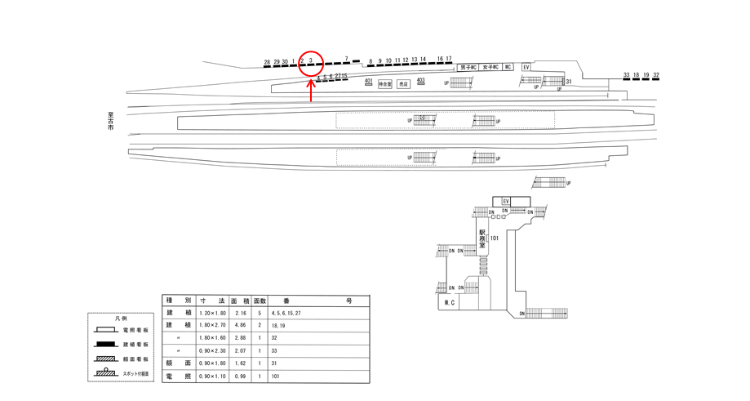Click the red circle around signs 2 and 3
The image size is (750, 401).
pyautogui.click(x=311, y=62)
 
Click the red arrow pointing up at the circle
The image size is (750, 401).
pyautogui.click(x=311, y=90)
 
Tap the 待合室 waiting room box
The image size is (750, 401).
pyautogui.click(x=384, y=83)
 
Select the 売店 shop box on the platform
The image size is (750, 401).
pyautogui.click(x=403, y=83)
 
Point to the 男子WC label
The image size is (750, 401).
pyautogui.click(x=468, y=67)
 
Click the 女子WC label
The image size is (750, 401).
pyautogui.click(x=490, y=67)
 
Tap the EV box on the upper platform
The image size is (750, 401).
pyautogui.click(x=526, y=67)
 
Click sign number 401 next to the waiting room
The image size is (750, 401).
pyautogui.click(x=369, y=80)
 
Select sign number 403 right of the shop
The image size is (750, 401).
pyautogui.click(x=421, y=79)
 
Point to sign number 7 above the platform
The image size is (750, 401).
pyautogui.click(x=347, y=59)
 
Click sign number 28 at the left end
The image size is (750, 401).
pyautogui.click(x=267, y=62)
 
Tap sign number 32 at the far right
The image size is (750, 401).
pyautogui.click(x=656, y=75)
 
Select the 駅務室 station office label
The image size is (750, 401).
pyautogui.click(x=482, y=238)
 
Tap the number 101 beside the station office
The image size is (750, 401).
pyautogui.click(x=495, y=238)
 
